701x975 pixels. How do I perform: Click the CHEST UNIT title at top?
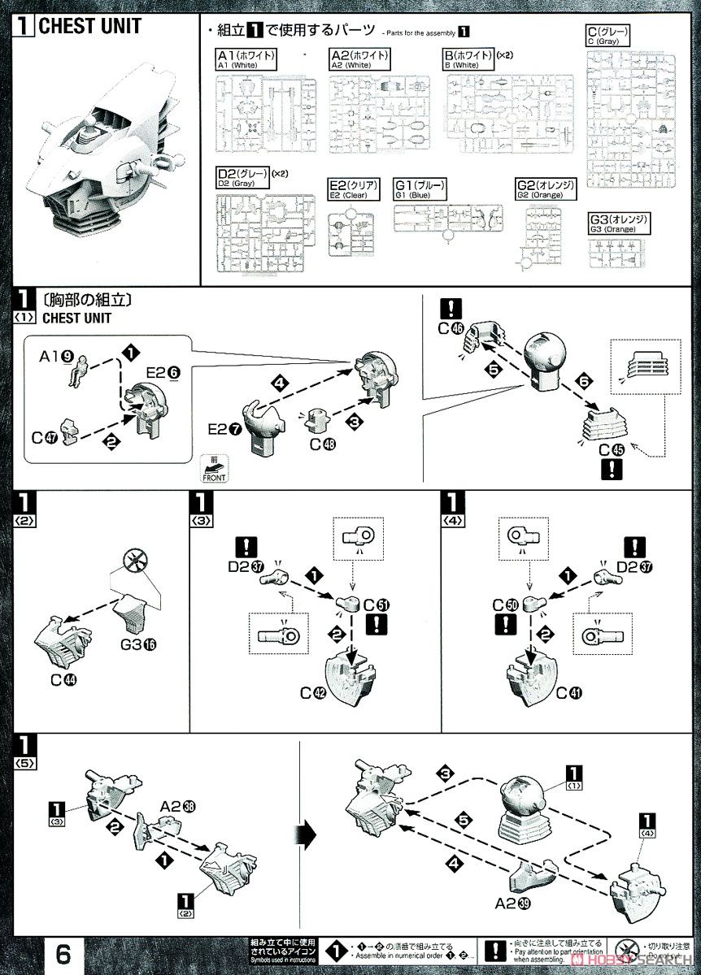89,26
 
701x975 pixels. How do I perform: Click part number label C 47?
43,437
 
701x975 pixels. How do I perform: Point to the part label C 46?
450,329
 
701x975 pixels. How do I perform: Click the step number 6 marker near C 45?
581,379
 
